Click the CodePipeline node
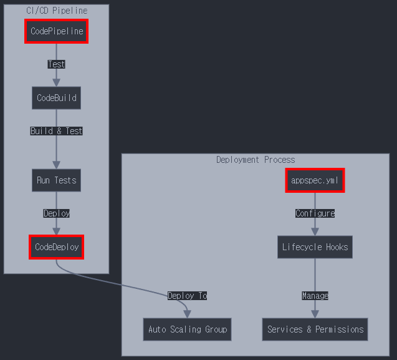(x=56, y=31)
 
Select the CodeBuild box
(x=56, y=98)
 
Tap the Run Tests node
(x=56, y=180)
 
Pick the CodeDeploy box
(x=56, y=247)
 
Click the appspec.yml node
(x=315, y=180)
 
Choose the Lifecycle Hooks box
(x=315, y=247)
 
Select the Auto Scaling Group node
(x=188, y=329)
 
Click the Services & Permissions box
(x=315, y=329)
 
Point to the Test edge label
(x=56, y=64)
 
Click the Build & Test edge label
(x=56, y=131)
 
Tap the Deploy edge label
(x=56, y=213)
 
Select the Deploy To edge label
(x=187, y=296)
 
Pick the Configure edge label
(x=315, y=213)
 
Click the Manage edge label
(x=315, y=296)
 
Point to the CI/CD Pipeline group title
(x=56, y=11)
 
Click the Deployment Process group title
(x=256, y=160)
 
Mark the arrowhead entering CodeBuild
(x=56, y=82)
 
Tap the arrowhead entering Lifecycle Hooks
(x=315, y=231)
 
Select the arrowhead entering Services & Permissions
(x=315, y=314)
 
